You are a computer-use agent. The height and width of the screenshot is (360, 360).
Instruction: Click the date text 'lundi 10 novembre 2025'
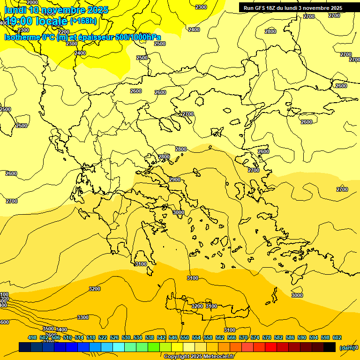coord(56,10)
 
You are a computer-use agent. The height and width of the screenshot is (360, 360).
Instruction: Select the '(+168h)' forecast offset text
coord(83,21)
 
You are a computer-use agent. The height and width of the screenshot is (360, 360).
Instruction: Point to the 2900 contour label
coord(175,180)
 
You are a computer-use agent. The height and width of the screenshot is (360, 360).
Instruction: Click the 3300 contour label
coord(83,317)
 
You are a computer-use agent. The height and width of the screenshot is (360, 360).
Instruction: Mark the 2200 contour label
coord(64,32)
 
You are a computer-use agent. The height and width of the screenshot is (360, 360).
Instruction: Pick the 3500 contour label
coord(48,329)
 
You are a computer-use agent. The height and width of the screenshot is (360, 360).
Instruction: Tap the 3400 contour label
coord(61,330)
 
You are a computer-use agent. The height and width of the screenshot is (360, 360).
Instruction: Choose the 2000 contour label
coord(32,3)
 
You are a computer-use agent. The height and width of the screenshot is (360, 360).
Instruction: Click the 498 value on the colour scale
coord(32,337)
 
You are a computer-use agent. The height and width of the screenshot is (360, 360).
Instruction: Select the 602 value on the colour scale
coord(337,337)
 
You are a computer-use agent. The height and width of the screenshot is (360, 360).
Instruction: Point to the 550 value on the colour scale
coord(185,337)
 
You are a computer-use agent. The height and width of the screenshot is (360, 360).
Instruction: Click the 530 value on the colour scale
coord(126,337)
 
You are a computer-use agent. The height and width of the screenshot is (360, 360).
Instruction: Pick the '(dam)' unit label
coord(346,348)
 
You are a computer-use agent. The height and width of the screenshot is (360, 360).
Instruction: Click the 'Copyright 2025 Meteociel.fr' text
coord(199,356)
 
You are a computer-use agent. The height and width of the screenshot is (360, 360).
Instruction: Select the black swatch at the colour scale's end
coord(330,347)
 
